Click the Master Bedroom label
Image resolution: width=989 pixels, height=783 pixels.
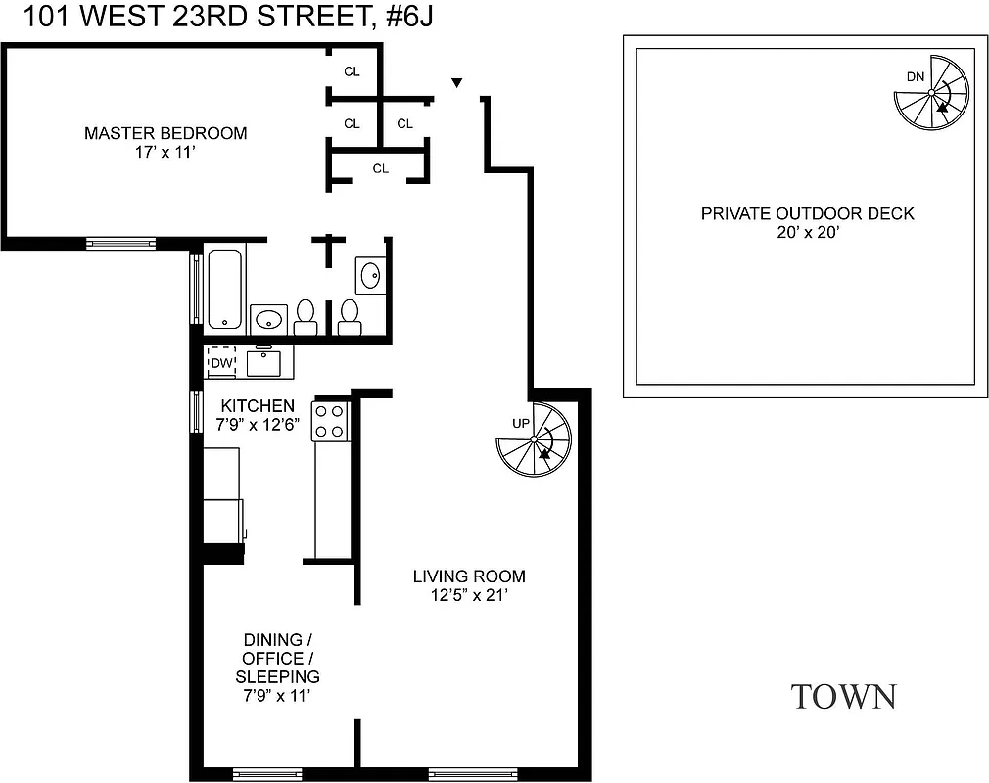[165, 133]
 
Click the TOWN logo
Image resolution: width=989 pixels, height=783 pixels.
[842, 696]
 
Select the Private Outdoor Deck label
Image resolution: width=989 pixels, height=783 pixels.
[807, 213]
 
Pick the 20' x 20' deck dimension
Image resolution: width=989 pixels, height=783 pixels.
[807, 233]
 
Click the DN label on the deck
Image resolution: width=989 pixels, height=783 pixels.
[914, 77]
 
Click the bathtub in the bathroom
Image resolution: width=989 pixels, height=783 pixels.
[225, 288]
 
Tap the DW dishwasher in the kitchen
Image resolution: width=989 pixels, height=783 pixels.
[222, 363]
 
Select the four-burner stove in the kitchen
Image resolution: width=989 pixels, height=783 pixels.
[330, 421]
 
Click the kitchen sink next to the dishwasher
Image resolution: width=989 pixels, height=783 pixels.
[264, 363]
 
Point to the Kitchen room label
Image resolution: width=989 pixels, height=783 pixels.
[257, 405]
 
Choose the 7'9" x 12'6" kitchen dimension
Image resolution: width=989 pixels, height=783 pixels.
[257, 424]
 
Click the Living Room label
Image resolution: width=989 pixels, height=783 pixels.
[468, 576]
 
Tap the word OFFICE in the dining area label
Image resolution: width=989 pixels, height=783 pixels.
[275, 658]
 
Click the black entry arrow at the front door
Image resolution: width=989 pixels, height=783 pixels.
[456, 83]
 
